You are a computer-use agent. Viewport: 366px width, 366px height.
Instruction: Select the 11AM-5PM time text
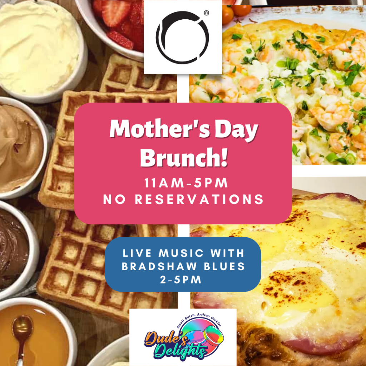coord(186,183)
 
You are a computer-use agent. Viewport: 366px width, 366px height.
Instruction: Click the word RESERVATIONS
coord(199,199)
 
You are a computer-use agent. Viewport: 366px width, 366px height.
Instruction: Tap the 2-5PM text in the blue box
coord(180,280)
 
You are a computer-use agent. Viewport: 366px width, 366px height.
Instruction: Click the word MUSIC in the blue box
coord(181,253)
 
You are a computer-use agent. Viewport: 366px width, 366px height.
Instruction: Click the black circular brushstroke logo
coord(182,37)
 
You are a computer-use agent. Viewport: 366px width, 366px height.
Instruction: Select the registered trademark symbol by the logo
coord(206,13)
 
